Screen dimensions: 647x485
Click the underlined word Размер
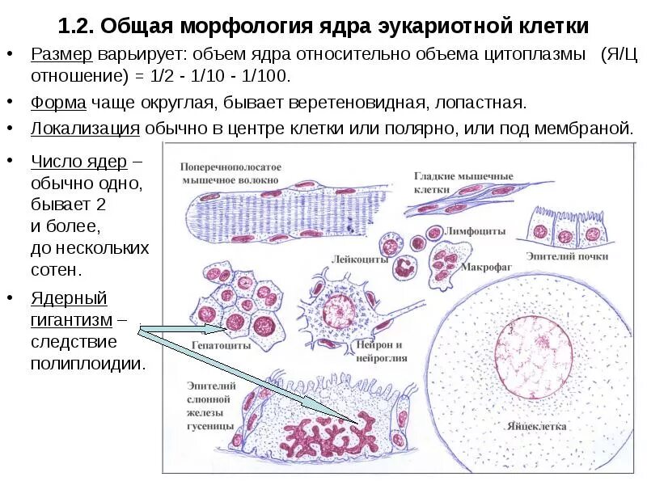(x=61, y=56)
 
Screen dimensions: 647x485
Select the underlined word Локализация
(x=86, y=128)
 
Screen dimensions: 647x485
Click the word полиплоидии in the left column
(x=87, y=363)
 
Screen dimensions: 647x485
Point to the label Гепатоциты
(x=220, y=345)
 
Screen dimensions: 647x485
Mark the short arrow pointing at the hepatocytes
(x=183, y=329)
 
